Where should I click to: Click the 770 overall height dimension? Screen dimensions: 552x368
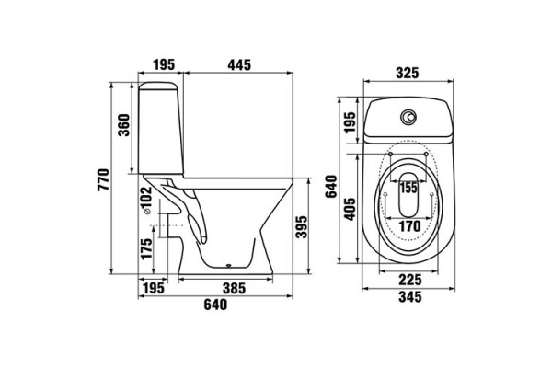pos(103,180)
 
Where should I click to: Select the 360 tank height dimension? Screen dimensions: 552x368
pos(124,125)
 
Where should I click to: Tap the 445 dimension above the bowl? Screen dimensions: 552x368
pos(239,65)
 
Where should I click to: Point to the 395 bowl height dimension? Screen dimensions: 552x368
pos(302,227)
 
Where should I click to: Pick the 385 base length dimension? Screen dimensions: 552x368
pos(234,288)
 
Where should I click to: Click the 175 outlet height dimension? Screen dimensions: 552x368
pos(146,248)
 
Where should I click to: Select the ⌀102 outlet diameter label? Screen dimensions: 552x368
pos(145,200)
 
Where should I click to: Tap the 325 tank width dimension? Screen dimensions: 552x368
pos(408,73)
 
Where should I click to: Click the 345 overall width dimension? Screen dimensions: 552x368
pos(410,297)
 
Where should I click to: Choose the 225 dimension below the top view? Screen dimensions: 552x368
pos(410,280)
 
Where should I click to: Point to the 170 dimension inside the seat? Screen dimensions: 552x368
pos(409,226)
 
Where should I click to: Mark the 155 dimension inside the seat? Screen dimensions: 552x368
pos(408,188)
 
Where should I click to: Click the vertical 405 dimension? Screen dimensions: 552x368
pos(350,209)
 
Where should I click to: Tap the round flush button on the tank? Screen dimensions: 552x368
pos(408,117)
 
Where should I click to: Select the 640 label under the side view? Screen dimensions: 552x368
pos(215,305)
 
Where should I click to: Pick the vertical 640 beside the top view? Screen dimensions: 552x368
pos(331,187)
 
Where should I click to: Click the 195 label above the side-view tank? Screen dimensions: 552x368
pos(164,65)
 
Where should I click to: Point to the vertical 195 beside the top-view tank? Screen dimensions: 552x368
pos(350,123)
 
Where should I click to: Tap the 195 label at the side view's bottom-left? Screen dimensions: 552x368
pos(154,288)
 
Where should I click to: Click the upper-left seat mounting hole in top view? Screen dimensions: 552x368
pos(390,155)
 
